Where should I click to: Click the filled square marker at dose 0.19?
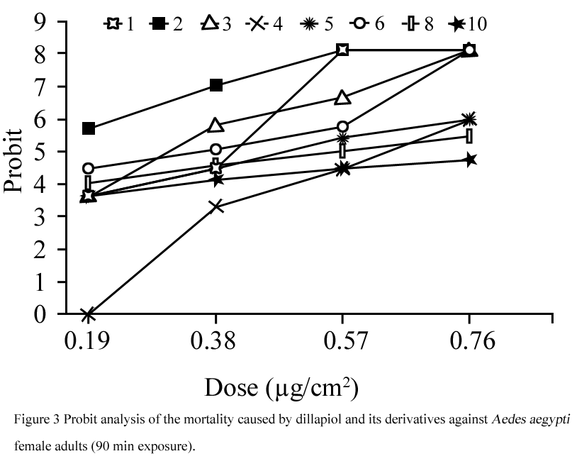89,128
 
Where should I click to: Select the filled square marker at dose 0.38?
216,86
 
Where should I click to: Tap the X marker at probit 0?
89,314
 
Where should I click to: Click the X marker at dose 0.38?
216,206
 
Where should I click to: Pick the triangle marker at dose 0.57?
342,97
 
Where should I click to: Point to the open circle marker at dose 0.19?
89,168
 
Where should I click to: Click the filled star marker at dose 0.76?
469,160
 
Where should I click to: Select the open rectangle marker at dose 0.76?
469,136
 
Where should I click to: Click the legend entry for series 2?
166,24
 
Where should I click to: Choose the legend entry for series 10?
467,24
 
